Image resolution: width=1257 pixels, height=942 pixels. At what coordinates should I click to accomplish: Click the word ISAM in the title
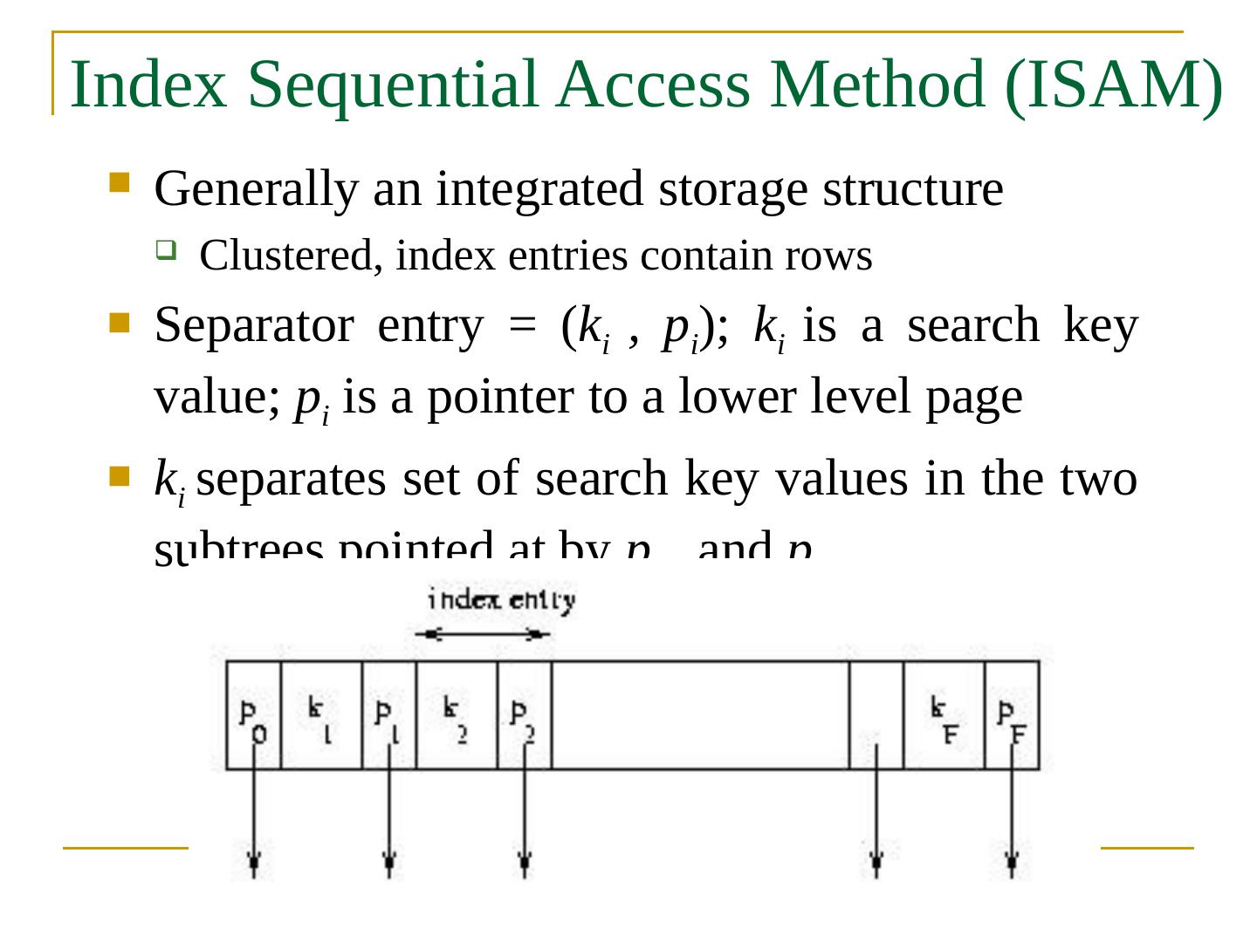coord(1113,85)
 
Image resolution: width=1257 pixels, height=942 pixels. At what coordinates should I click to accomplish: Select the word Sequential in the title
coord(394,85)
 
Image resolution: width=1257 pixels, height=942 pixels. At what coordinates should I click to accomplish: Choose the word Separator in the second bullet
coord(253,326)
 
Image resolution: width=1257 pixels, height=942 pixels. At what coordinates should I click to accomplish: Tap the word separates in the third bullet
coord(292,480)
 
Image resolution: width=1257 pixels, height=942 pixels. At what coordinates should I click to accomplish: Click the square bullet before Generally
coord(120,182)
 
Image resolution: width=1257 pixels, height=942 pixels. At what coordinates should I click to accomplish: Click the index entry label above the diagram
coord(501,600)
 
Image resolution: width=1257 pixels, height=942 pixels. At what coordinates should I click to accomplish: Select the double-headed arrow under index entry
coord(483,634)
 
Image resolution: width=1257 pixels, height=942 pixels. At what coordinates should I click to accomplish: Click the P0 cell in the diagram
coord(253,715)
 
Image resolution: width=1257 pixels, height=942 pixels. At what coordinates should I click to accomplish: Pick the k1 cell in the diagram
coord(320,715)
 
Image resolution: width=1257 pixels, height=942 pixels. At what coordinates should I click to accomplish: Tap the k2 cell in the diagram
coord(456,715)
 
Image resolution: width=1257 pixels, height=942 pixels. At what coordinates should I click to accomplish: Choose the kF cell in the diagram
coord(943,715)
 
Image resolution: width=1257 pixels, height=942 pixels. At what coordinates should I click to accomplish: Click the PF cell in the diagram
coord(1012,715)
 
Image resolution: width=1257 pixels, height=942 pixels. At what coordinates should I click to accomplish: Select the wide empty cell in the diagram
coord(700,715)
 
